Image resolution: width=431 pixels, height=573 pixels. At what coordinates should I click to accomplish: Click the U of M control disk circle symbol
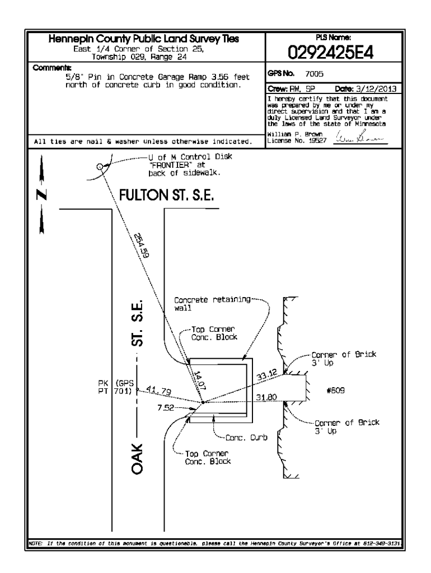click(99, 166)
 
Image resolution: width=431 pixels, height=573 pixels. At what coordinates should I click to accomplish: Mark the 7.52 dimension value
click(166, 408)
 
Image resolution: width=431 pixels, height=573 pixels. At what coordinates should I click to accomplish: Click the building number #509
click(335, 392)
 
